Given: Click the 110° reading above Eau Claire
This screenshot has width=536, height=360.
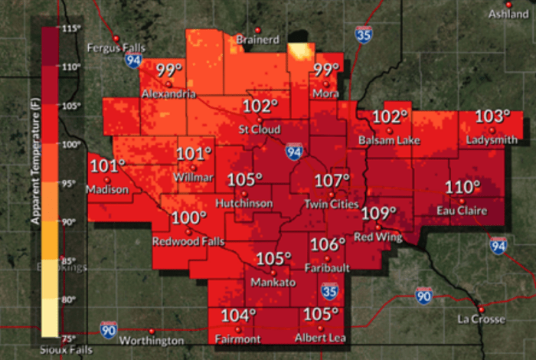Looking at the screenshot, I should tap(463, 188).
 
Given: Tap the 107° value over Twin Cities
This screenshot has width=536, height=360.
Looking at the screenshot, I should tap(333, 182).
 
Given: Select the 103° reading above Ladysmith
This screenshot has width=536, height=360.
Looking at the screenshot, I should tap(493, 116).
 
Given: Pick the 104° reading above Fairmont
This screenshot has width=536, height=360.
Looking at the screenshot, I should tap(238, 316).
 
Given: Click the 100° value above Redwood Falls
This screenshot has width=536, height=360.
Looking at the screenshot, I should tap(189, 218).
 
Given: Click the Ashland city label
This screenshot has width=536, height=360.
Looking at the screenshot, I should tap(508, 14).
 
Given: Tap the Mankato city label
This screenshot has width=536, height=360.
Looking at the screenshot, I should tap(273, 283).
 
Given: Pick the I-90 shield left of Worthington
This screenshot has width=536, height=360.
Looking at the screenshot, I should tap(109, 330).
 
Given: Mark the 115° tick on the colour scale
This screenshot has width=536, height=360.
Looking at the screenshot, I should tap(71, 28).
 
